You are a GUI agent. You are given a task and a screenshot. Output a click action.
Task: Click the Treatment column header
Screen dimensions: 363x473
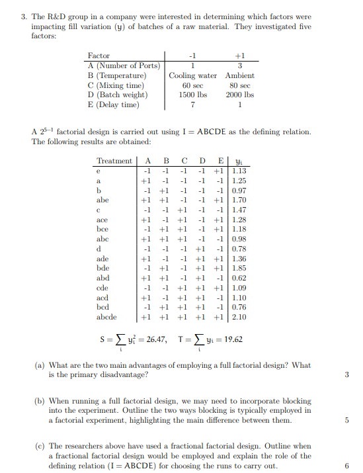click(x=114, y=161)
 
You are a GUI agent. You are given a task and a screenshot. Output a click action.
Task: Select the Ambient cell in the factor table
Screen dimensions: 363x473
click(x=239, y=75)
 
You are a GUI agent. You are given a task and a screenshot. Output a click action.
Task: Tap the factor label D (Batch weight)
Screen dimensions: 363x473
click(x=118, y=95)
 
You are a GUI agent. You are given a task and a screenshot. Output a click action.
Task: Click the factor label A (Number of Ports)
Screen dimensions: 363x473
click(x=124, y=65)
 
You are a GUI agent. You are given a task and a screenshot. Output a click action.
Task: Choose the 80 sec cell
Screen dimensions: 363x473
click(x=239, y=85)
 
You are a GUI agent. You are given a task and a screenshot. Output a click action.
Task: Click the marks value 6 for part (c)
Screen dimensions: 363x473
click(x=346, y=466)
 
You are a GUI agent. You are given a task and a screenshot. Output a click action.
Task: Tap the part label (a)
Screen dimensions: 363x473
click(x=40, y=365)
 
